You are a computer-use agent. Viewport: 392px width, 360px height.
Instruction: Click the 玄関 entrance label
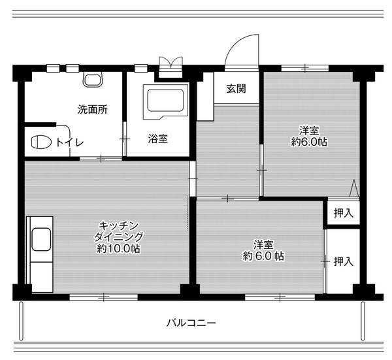237,89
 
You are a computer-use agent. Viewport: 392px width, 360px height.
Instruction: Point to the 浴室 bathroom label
157,138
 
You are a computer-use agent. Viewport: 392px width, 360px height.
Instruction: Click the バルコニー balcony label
191,323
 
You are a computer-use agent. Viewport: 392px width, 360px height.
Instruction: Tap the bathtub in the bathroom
167,101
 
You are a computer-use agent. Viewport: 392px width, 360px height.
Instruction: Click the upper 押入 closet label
343,212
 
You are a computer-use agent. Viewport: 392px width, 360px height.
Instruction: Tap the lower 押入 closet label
343,261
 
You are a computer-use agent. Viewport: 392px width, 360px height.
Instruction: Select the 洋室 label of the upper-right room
308,130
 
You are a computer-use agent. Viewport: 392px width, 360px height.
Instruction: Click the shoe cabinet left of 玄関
204,96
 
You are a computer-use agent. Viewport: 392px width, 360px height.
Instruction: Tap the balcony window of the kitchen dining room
105,297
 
